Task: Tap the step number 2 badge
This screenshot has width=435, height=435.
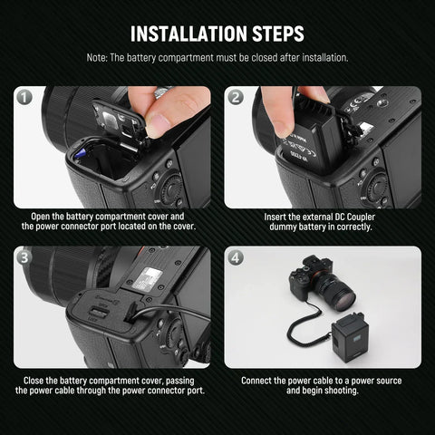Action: [236, 97]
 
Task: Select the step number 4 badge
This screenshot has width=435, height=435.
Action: [236, 257]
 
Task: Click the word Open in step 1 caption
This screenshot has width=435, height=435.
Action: [43, 217]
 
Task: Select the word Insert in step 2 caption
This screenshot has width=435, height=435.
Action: [276, 217]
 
